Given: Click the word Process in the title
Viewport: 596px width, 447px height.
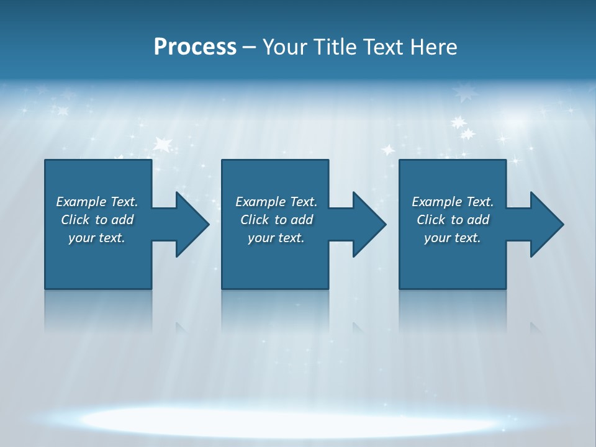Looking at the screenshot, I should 195,47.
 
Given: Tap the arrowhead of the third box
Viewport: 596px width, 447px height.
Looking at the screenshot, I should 546,224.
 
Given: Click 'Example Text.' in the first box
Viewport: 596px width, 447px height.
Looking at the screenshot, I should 97,202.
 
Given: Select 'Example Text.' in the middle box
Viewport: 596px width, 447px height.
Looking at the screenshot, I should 276,202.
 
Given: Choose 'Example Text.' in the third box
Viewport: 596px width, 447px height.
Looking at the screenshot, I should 453,202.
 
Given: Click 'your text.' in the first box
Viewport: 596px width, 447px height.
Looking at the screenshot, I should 97,238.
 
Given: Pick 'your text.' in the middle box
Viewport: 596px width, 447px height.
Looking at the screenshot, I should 276,238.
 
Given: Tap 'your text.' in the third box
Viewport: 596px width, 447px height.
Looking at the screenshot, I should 453,238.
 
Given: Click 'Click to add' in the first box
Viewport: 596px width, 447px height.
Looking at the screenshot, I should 97,220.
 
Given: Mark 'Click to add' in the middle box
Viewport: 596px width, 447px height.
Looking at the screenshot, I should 276,220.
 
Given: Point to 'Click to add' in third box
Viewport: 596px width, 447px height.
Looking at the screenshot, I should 453,220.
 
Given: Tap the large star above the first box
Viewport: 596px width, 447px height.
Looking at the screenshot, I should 163,145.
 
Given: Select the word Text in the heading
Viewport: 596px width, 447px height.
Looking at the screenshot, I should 385,47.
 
